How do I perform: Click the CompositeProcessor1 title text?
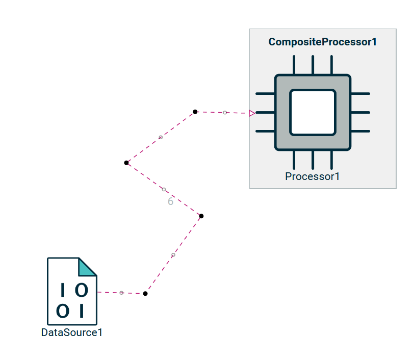pyautogui.click(x=322, y=42)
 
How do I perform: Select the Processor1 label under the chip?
pyautogui.click(x=313, y=176)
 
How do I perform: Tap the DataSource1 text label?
pyautogui.click(x=72, y=332)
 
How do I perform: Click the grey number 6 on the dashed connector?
pyautogui.click(x=170, y=201)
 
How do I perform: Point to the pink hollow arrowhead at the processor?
pyautogui.click(x=252, y=113)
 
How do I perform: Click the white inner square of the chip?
pyautogui.click(x=313, y=113)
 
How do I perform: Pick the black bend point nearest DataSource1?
pyautogui.click(x=145, y=294)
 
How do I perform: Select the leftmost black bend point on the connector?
pyautogui.click(x=126, y=163)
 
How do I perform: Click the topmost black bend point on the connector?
pyautogui.click(x=195, y=112)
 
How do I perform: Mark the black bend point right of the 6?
pyautogui.click(x=201, y=216)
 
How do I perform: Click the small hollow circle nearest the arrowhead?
pyautogui.click(x=225, y=113)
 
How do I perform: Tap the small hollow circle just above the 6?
pyautogui.click(x=164, y=190)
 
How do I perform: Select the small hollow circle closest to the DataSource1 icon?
pyautogui.click(x=121, y=293)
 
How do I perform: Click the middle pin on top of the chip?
pyautogui.click(x=313, y=65)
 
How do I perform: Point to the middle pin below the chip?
pyautogui.click(x=313, y=160)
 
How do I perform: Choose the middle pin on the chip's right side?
pyautogui.click(x=360, y=113)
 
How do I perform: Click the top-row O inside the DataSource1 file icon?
pyautogui.click(x=82, y=290)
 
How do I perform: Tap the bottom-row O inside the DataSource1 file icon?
pyautogui.click(x=63, y=311)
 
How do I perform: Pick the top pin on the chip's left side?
pyautogui.click(x=265, y=94)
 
